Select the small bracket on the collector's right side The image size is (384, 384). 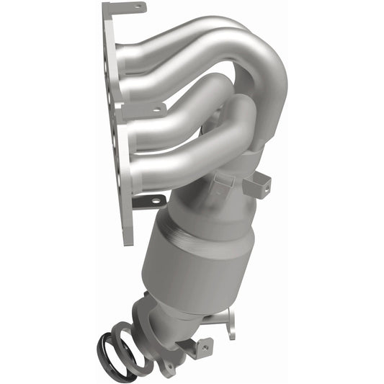[x=257, y=187]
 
